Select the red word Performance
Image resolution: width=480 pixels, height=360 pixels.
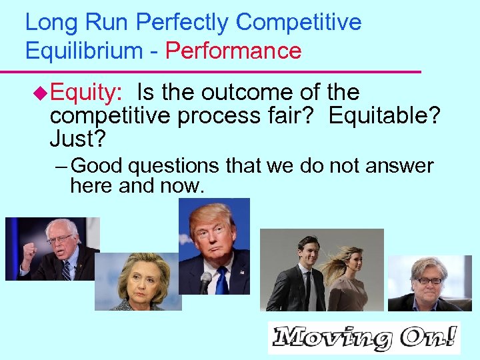[x=233, y=51]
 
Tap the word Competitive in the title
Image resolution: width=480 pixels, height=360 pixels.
[x=299, y=23]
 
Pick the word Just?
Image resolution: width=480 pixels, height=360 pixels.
[x=78, y=139]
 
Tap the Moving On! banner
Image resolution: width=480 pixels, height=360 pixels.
[x=363, y=338]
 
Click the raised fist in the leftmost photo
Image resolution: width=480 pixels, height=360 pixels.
[x=29, y=252]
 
